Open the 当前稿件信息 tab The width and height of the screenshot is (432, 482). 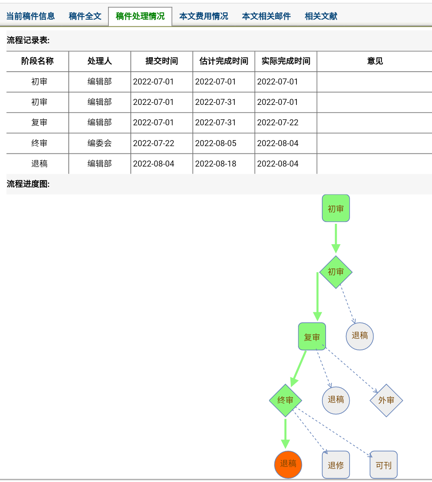[x=30, y=16]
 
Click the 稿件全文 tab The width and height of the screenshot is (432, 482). [x=85, y=16]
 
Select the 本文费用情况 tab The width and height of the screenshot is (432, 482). [x=204, y=16]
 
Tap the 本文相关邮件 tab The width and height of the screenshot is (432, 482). [x=266, y=16]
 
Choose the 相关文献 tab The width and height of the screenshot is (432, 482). [x=321, y=16]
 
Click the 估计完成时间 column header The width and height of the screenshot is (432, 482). [x=224, y=61]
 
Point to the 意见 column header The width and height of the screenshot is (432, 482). [x=375, y=61]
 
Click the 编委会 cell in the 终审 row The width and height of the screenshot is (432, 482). [x=100, y=143]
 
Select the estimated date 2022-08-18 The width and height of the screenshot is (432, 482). [x=216, y=164]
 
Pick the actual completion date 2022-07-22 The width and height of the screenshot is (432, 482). [x=278, y=123]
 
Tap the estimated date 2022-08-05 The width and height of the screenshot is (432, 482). [x=216, y=143]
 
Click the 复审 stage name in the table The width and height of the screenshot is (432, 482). [x=39, y=123]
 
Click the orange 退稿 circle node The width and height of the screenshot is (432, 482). [x=288, y=464]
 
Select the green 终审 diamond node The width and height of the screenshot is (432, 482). [x=285, y=400]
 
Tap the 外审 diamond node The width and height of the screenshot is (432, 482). [x=386, y=400]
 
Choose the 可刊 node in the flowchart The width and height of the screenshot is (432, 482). [x=384, y=465]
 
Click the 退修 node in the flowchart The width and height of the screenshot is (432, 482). [x=336, y=465]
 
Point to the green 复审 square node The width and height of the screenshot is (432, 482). [x=312, y=337]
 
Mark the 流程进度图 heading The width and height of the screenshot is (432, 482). [x=28, y=184]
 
